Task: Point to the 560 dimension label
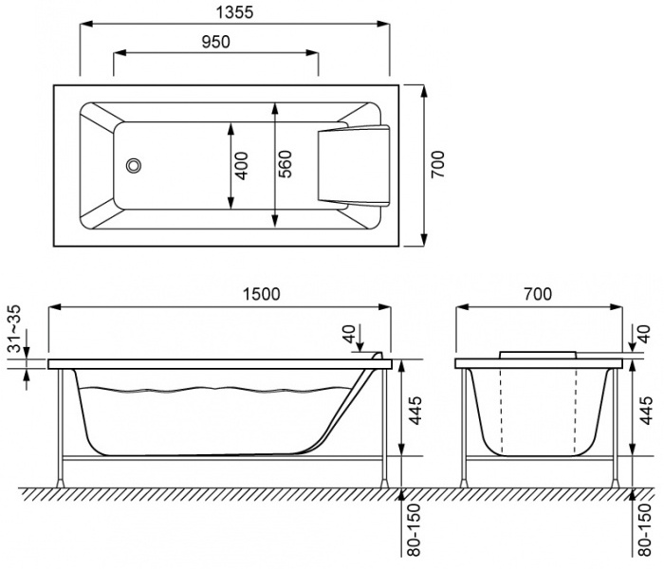point(285,166)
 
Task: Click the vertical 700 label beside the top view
point(437,166)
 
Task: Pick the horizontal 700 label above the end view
point(537,294)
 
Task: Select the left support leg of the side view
point(63,427)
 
